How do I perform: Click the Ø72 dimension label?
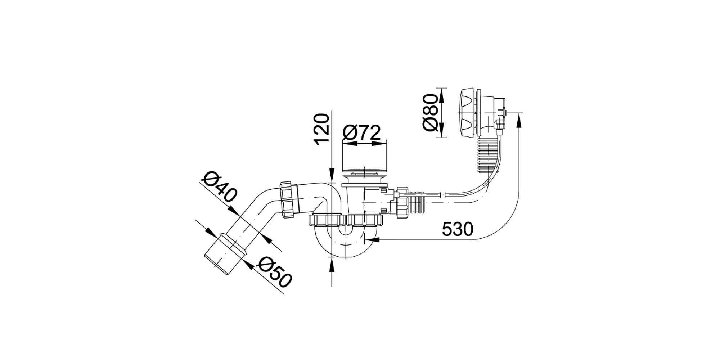[361, 133]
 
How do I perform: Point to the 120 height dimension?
[321, 129]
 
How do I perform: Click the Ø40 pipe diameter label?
[219, 186]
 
